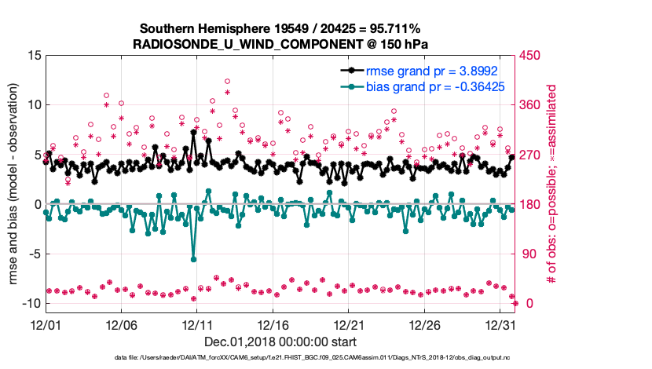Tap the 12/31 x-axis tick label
(x=500, y=324)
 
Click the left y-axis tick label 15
(x=34, y=56)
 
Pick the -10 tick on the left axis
(x=31, y=304)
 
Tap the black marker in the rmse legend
(x=350, y=69)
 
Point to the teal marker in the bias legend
(x=350, y=86)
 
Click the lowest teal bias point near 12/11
(x=193, y=259)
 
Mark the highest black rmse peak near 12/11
(x=193, y=133)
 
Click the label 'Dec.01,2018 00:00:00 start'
(x=280, y=342)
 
